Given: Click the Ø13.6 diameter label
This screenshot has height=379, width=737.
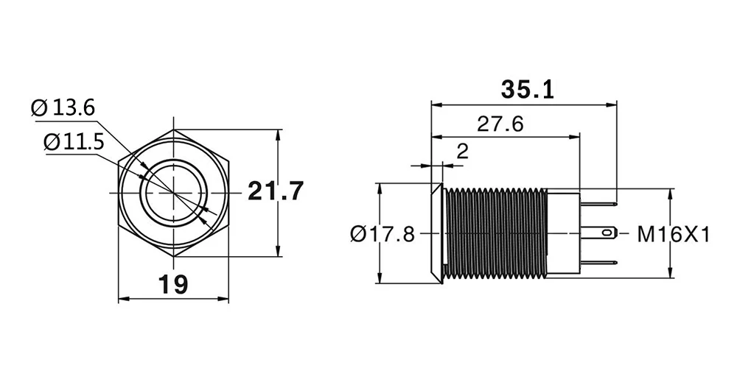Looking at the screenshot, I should click(63, 109).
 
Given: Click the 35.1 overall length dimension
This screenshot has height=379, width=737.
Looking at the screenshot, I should click(527, 90).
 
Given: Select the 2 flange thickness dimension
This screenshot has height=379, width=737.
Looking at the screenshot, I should click(463, 152).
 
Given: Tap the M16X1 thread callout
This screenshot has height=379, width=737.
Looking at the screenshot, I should click(673, 234).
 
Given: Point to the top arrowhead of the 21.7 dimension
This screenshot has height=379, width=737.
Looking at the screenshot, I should click(278, 135).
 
